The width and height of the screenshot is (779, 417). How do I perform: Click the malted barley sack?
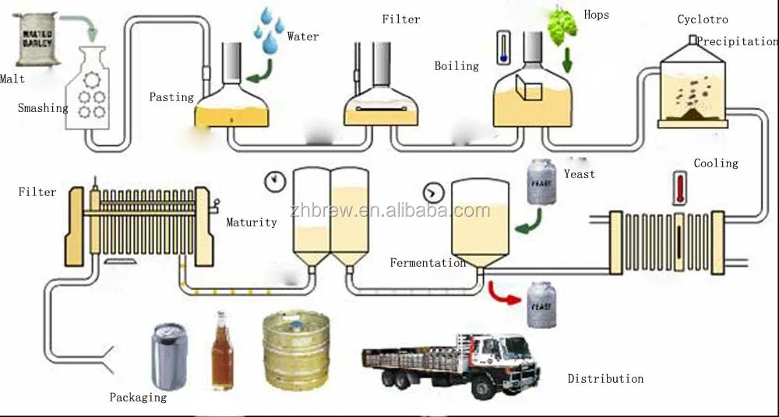[37, 39]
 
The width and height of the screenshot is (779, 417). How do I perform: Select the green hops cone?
[562, 26]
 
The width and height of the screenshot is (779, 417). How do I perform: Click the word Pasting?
[171, 96]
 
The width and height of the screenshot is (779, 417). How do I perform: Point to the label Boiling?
[456, 66]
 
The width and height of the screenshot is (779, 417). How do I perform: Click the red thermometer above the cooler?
[679, 188]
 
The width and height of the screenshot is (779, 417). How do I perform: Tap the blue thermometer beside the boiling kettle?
[503, 47]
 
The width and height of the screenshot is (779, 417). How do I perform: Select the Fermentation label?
[428, 263]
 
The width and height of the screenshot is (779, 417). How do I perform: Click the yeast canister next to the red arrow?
[541, 305]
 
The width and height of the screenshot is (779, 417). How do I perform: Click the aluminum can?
[169, 356]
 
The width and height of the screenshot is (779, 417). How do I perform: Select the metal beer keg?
[296, 350]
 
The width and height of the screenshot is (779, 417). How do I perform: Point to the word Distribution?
[605, 379]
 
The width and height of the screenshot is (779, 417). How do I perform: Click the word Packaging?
[138, 398]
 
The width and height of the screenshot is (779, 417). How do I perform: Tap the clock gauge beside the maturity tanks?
[275, 182]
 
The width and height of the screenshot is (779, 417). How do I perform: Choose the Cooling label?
[716, 163]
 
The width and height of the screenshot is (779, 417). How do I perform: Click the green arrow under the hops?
[567, 60]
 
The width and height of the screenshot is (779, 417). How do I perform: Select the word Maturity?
[252, 223]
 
